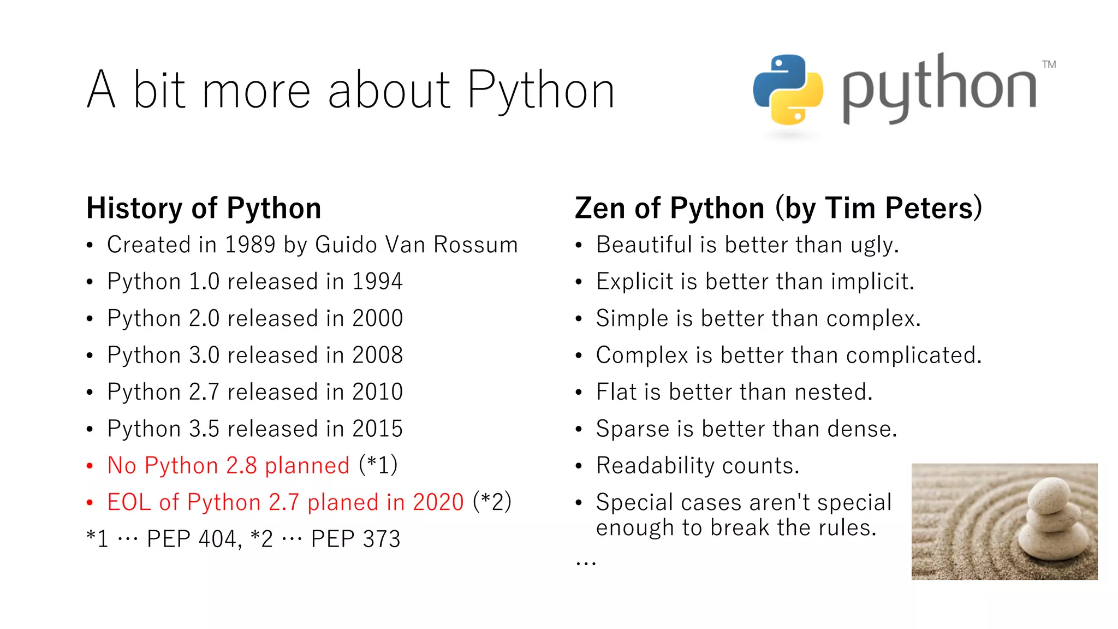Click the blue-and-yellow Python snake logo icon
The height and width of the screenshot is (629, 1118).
[788, 89]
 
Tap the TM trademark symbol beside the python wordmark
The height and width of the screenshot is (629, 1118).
[1049, 64]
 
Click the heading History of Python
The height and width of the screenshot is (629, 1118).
[204, 208]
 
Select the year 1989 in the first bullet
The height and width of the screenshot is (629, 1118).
[250, 245]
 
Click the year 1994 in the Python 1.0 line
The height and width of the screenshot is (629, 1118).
[377, 282]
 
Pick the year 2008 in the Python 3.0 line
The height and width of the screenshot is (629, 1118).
[377, 355]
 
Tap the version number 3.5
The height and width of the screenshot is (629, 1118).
[204, 429]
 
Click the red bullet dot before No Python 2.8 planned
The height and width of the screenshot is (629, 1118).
[90, 466]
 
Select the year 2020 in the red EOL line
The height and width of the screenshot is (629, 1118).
[438, 502]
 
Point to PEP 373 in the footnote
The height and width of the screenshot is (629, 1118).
[355, 539]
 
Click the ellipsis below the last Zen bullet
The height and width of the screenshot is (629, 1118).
[586, 562]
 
